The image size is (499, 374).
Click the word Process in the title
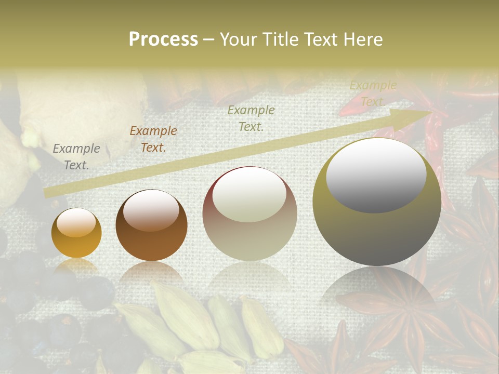(x=163, y=39)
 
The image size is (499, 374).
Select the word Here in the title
(x=364, y=39)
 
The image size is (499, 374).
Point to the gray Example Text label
(x=76, y=156)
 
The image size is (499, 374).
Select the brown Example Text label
(x=153, y=139)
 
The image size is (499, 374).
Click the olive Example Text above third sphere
(x=251, y=118)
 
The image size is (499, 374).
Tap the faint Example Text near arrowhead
(x=373, y=94)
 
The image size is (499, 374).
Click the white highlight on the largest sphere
(x=376, y=174)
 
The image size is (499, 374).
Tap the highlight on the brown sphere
(x=151, y=210)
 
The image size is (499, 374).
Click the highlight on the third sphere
(x=249, y=195)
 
